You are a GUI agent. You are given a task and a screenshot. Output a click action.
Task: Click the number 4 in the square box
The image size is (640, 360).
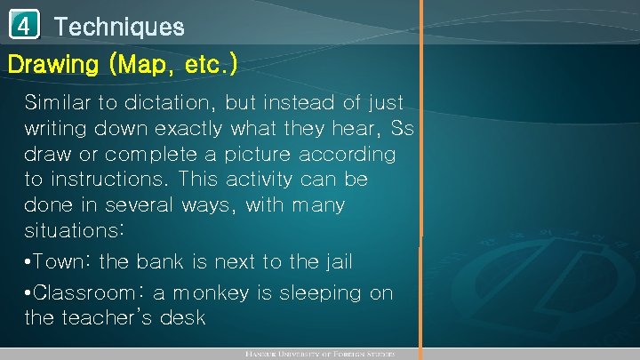[x=24, y=27]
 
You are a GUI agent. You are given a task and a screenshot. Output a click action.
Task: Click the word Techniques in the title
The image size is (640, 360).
[x=119, y=27]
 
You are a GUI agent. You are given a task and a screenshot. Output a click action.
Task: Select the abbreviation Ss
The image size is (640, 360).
[x=402, y=128]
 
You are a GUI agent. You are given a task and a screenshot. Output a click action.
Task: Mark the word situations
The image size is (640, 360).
[x=75, y=231]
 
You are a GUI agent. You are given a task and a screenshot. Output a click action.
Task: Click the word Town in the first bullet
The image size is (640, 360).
[x=67, y=262]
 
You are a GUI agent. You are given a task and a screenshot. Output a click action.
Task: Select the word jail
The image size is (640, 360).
[x=333, y=262]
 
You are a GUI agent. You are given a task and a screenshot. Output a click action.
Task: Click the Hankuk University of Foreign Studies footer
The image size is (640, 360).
[x=333, y=355]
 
